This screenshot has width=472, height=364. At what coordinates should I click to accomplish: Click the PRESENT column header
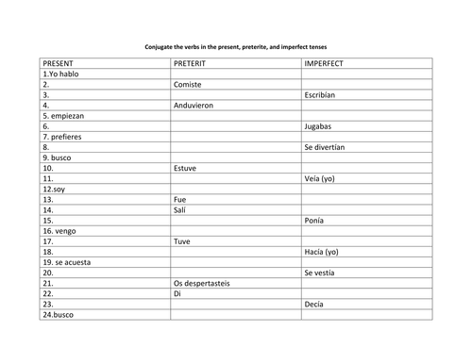(63, 62)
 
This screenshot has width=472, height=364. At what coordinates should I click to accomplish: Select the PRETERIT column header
(193, 62)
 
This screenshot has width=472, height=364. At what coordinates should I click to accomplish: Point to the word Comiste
(189, 83)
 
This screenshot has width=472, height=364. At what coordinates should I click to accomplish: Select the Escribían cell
(322, 94)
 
